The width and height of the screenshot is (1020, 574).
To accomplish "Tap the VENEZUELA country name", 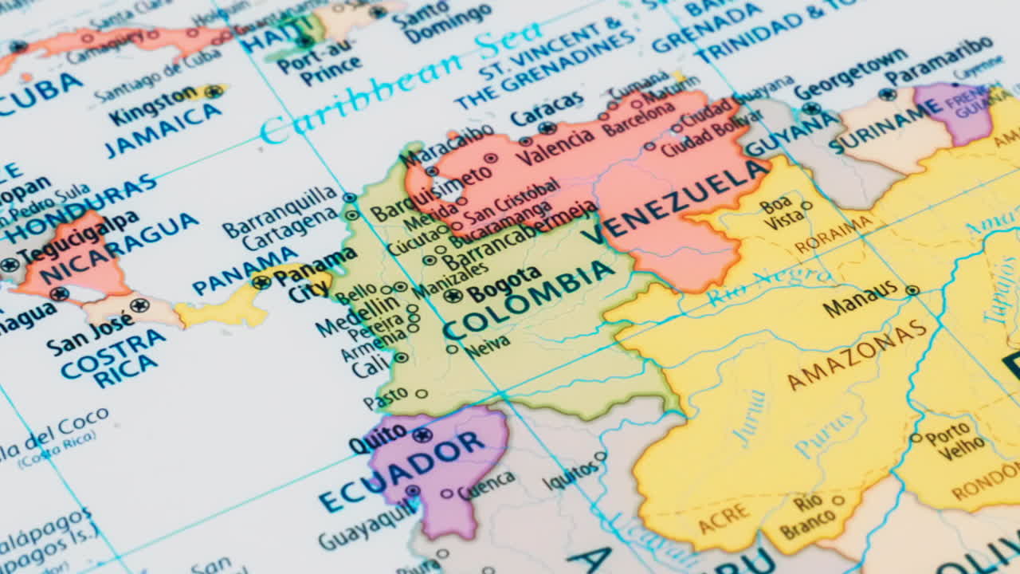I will (x=677, y=199).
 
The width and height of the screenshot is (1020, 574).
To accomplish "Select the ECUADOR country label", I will (x=402, y=471).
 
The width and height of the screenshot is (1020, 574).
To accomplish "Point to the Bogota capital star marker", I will (x=453, y=295).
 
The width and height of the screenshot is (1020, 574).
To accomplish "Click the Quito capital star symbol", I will (x=422, y=434).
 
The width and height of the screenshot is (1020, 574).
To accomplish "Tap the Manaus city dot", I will (x=912, y=290).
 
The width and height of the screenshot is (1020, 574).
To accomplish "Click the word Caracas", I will (x=547, y=108).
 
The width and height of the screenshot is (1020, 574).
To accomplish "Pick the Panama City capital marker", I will (x=261, y=281).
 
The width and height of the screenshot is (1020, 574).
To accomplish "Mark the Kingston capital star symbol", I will (x=213, y=91).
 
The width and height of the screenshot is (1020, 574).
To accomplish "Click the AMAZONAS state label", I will (x=857, y=355).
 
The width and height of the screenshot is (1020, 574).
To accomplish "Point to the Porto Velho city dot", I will (x=916, y=438).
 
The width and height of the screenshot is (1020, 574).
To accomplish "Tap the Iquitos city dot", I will (x=600, y=457).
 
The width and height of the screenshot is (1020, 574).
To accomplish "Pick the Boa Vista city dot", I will (x=806, y=206).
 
